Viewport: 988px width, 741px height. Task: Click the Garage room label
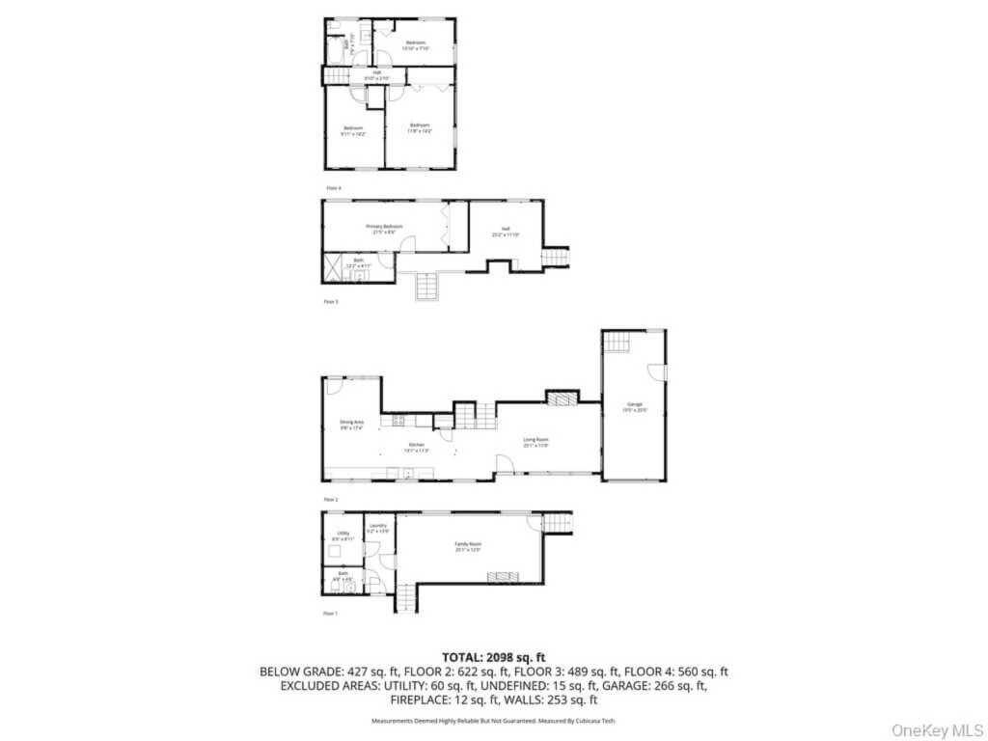point(634,405)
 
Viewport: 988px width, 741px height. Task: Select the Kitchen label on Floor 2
point(416,447)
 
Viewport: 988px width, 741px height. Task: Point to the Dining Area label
point(351,424)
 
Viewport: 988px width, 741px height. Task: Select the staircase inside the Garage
point(616,341)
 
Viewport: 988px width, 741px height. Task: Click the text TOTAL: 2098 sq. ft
point(493,656)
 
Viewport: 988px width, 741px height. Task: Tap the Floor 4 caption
point(333,187)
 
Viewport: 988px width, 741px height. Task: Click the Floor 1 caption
point(331,614)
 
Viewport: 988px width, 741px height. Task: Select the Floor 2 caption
point(331,499)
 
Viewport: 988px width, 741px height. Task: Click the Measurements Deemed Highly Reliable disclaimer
point(493,721)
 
